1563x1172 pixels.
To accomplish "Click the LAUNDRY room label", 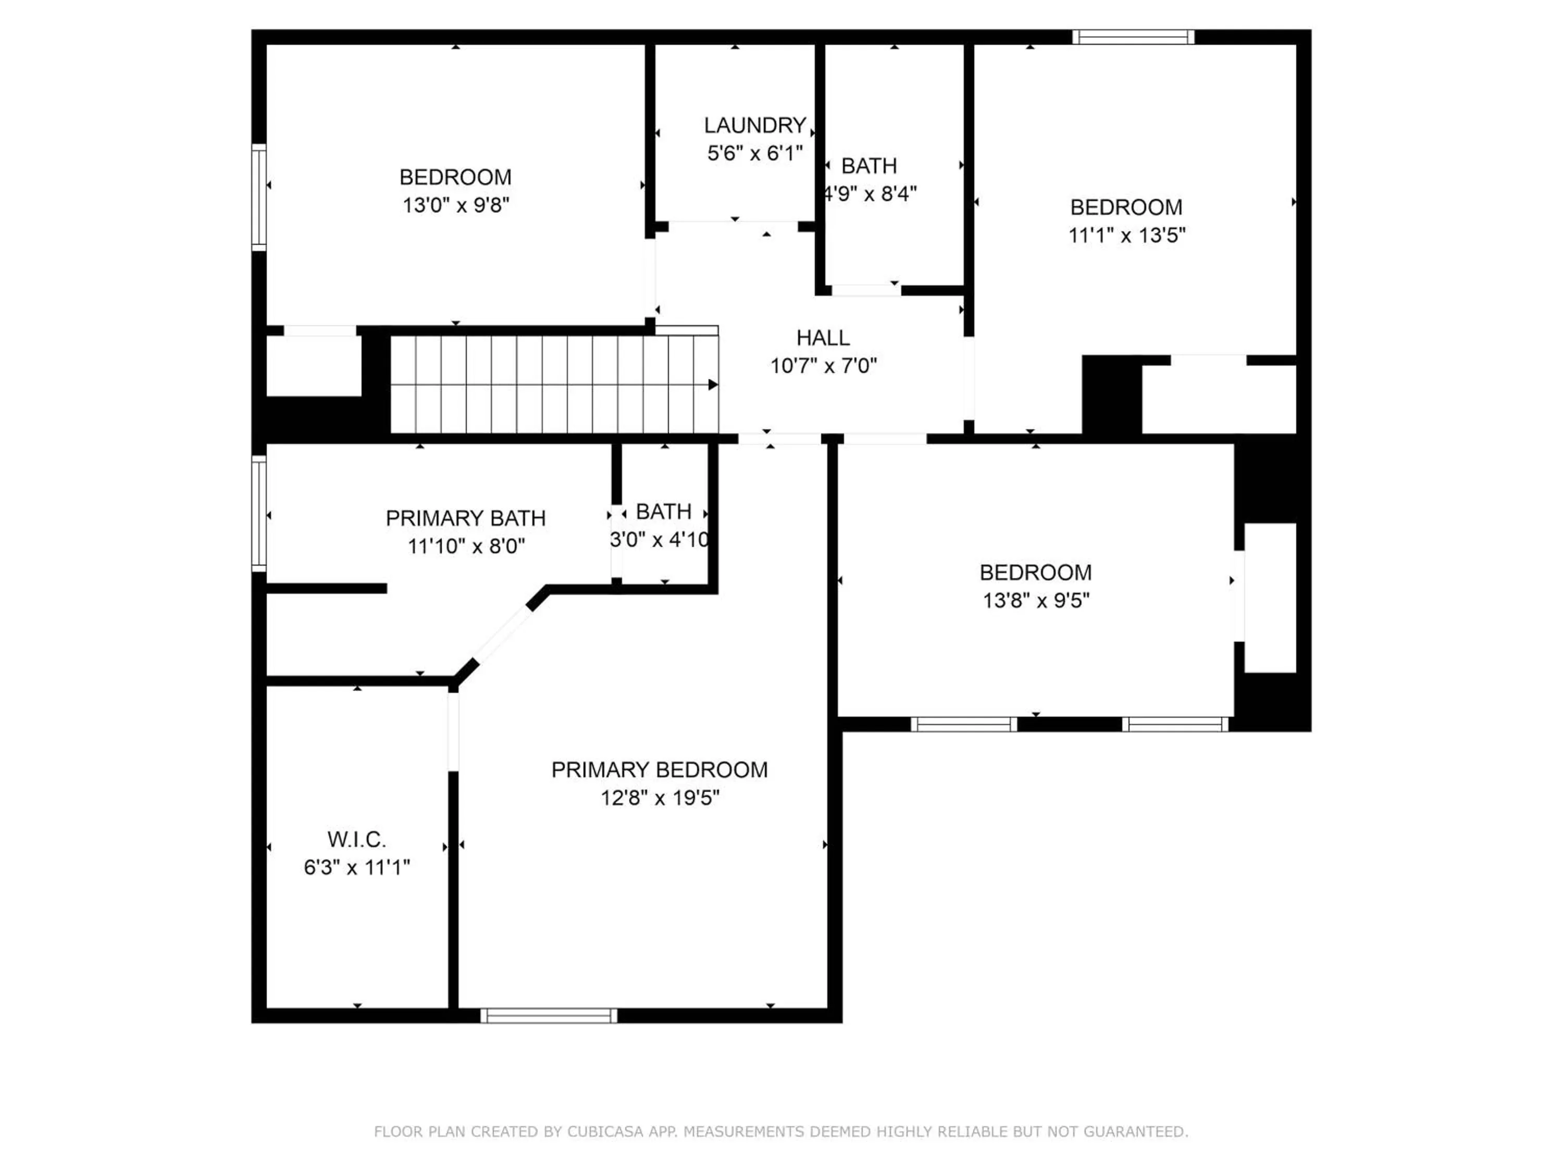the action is click(754, 125).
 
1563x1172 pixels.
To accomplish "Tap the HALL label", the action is click(823, 338).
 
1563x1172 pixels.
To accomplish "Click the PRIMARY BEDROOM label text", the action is click(659, 769).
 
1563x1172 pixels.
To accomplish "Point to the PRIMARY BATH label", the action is click(466, 518).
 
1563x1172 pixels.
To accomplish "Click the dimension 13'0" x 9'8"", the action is click(456, 205).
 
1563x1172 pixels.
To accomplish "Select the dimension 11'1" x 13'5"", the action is click(1126, 235).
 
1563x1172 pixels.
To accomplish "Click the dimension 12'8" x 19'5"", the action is click(660, 797).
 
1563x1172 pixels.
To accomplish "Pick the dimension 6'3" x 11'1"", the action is click(357, 867).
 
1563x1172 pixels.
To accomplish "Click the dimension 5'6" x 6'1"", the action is click(754, 153).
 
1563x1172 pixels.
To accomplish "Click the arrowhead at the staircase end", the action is click(713, 384).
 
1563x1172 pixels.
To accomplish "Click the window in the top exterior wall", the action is click(1133, 37).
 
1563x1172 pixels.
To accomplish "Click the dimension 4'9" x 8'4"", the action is click(870, 194).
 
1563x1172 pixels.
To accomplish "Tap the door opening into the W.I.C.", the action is click(453, 732).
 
